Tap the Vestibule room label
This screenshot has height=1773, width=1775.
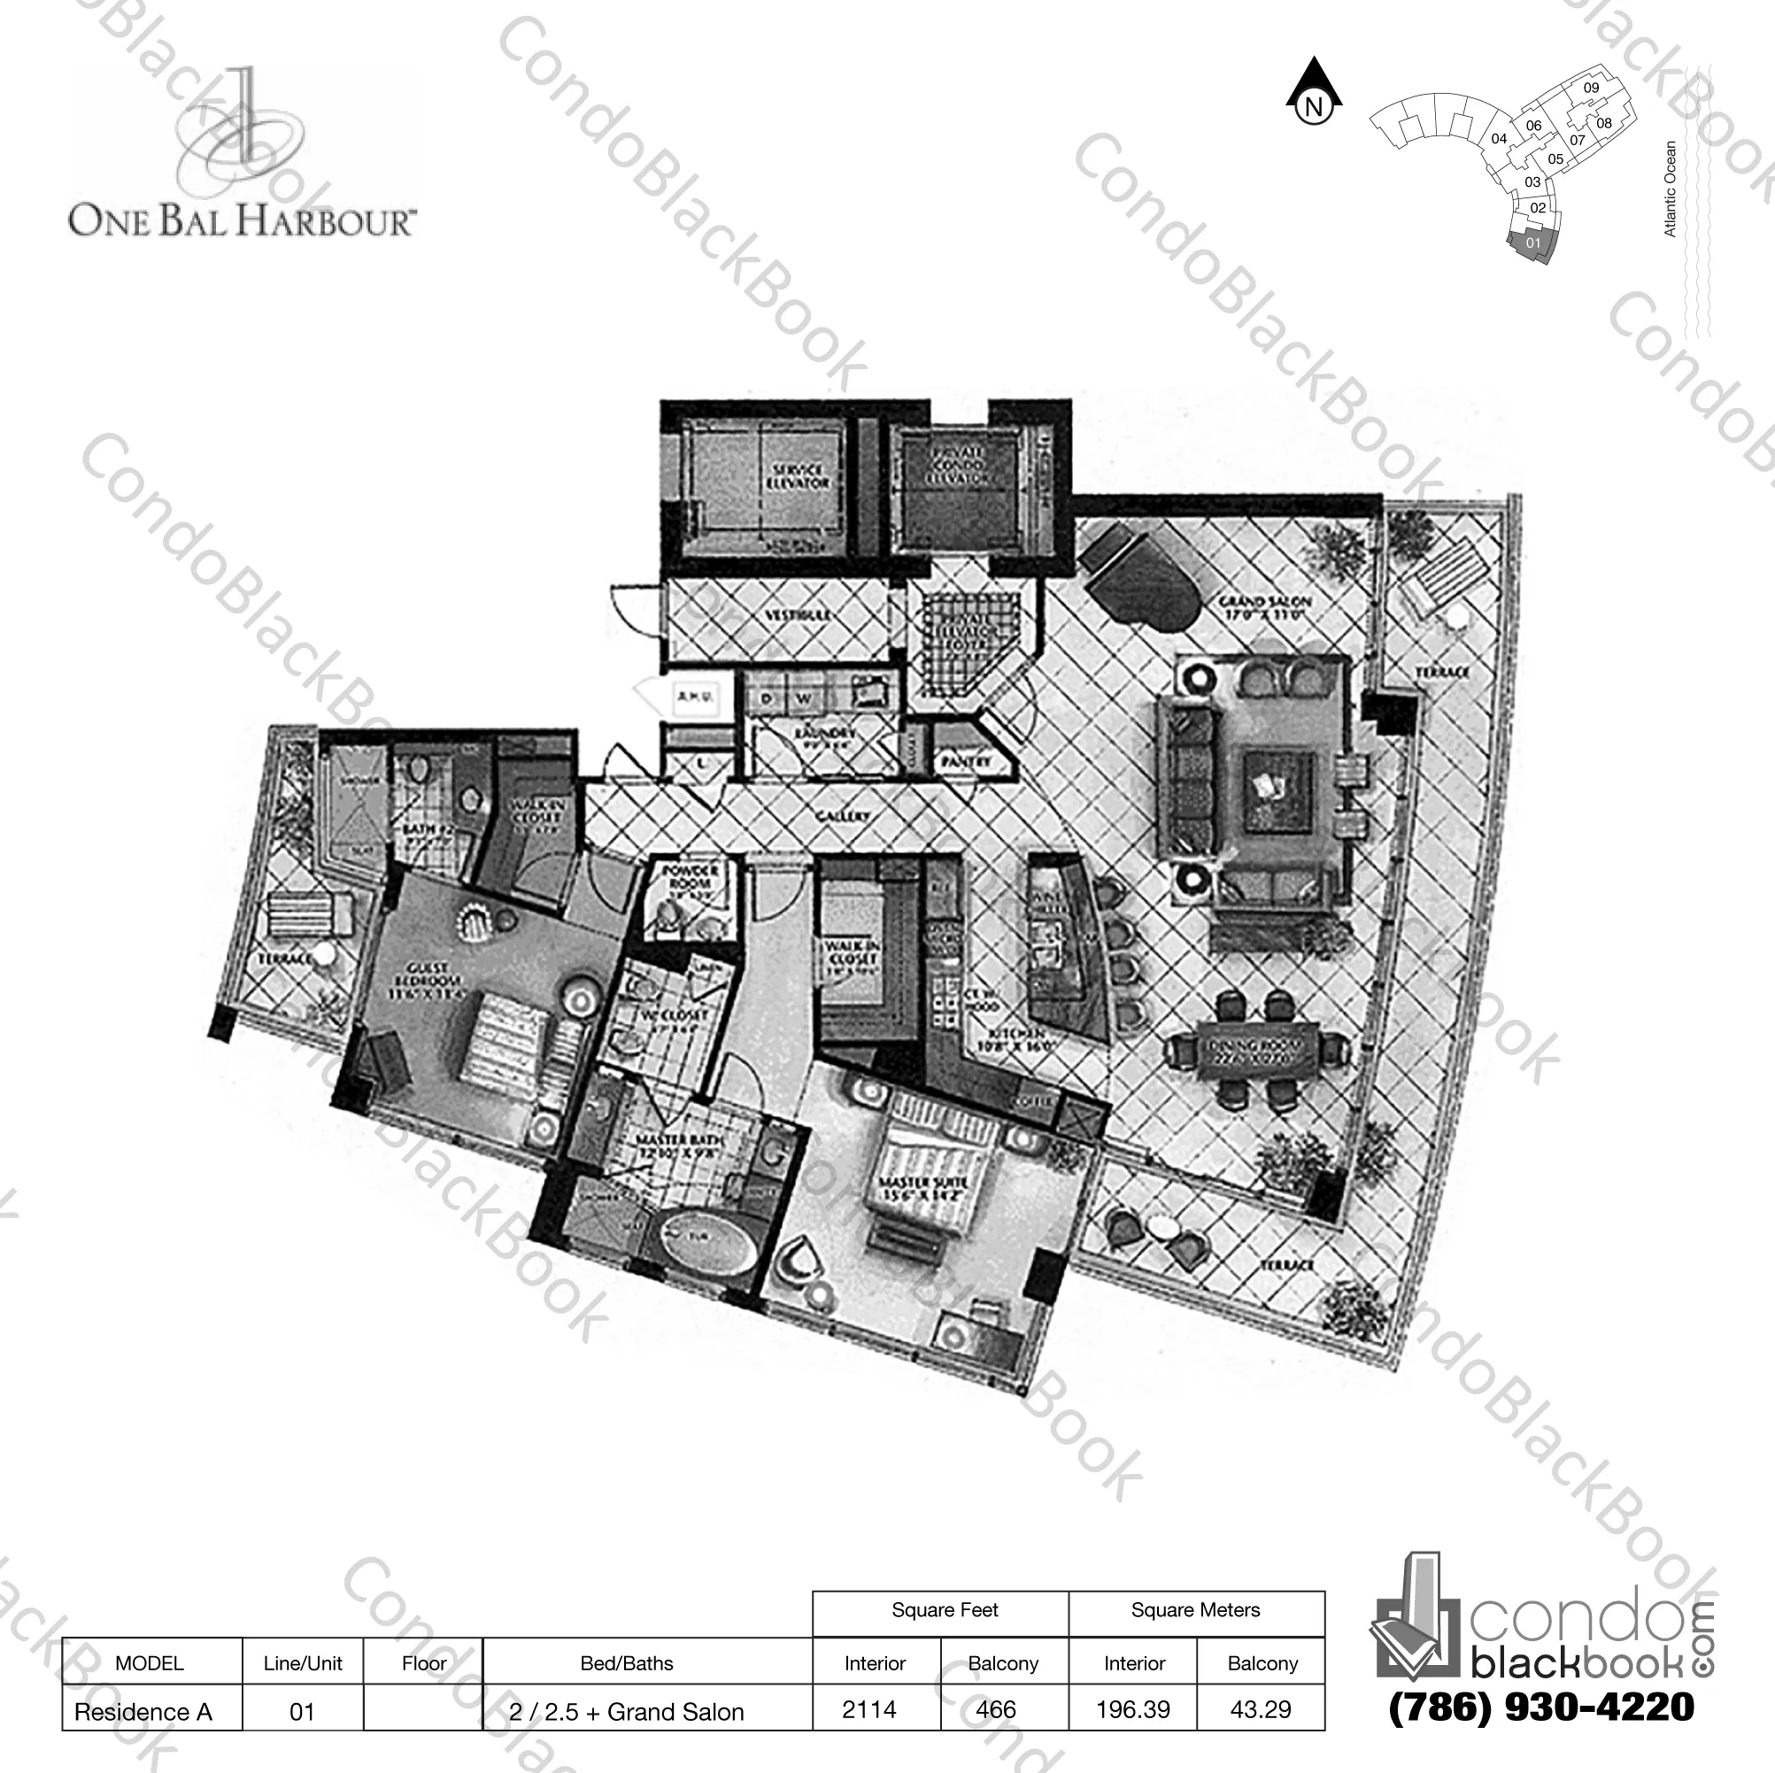(798, 614)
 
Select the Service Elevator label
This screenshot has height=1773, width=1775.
(798, 476)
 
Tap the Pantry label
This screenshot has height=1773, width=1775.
(966, 761)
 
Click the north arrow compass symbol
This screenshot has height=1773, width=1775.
(1314, 94)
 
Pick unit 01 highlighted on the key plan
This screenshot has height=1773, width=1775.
(1532, 244)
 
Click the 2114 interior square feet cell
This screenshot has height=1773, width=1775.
(869, 1708)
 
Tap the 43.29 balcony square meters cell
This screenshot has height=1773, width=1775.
(1261, 1708)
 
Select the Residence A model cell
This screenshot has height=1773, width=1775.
(143, 1711)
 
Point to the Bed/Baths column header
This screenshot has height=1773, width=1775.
(627, 1662)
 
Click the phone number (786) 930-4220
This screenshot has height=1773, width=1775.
(1540, 1707)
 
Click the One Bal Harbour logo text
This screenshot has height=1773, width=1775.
(242, 221)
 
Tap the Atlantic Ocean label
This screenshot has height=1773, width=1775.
(1670, 189)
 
